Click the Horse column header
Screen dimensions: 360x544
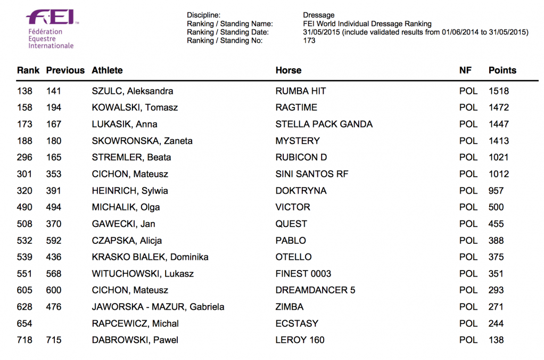[288, 70]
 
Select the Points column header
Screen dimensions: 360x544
[502, 70]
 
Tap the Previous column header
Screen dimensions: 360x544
[65, 70]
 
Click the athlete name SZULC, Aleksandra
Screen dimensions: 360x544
[132, 91]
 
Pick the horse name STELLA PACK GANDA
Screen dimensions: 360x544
[324, 124]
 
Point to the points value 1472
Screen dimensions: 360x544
[498, 108]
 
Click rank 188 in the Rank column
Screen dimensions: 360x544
[24, 141]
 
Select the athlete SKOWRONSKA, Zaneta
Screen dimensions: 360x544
[142, 141]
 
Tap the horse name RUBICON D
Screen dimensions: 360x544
[301, 158]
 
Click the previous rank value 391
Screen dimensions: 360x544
[54, 191]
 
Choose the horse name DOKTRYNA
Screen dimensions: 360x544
[301, 191]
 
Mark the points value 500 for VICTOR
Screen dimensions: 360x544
[496, 207]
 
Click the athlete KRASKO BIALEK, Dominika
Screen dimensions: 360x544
[150, 257]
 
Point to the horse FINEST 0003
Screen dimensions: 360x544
[303, 274]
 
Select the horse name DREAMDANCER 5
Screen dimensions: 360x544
[315, 290]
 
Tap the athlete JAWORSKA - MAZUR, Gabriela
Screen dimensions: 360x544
[158, 307]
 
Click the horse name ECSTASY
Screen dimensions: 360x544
[296, 323]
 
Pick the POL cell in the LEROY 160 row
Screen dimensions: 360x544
[468, 340]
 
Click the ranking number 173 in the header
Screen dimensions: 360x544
[309, 40]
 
